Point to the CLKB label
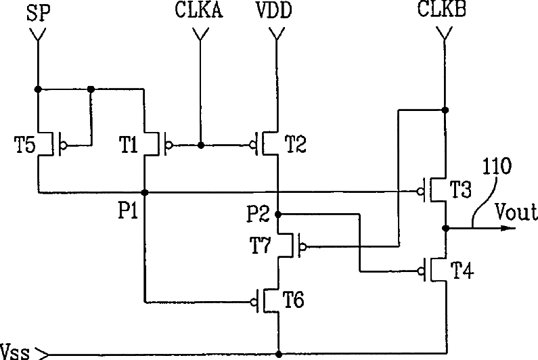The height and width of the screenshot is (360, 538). point(444,13)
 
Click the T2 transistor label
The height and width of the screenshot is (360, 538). point(296,143)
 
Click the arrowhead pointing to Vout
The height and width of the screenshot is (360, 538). point(504,228)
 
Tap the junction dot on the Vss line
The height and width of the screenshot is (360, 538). point(278,353)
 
